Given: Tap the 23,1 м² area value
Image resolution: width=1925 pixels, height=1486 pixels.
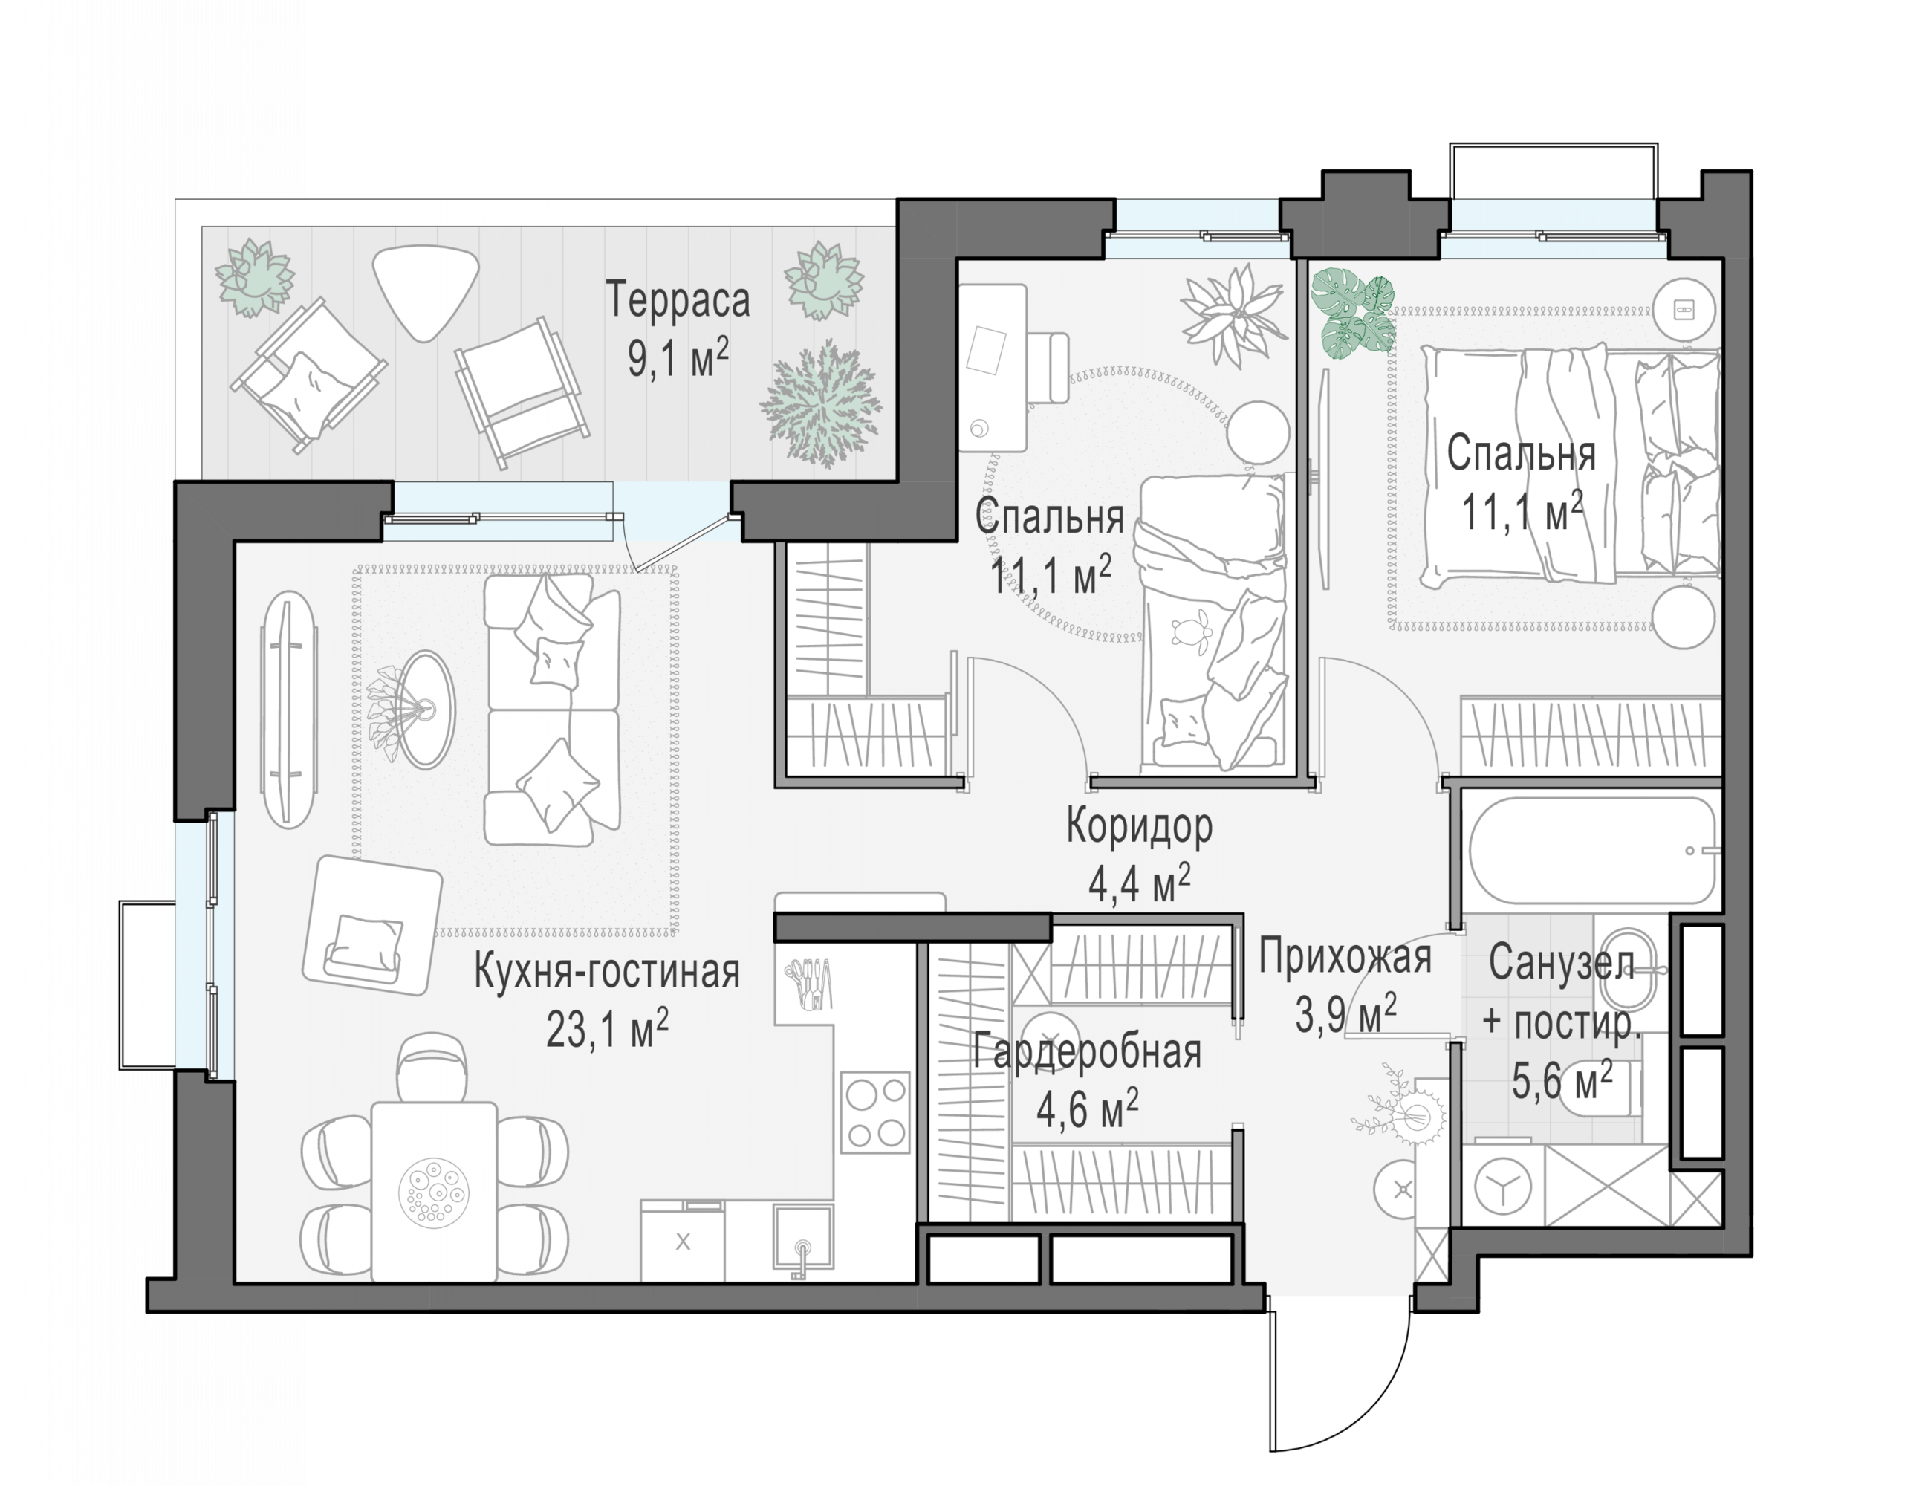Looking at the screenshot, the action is coord(607,1028).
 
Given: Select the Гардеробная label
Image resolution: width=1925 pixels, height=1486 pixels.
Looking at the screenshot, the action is coord(1087,1052).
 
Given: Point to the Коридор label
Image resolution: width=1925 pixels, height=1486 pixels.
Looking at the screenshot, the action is coord(1139,826).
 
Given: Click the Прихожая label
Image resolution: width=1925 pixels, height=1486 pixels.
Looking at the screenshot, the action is coord(1344,957).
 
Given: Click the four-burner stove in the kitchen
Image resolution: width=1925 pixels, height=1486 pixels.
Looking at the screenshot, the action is coord(874,1112).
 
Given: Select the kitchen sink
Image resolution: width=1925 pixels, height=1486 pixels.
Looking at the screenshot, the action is coord(802,1239).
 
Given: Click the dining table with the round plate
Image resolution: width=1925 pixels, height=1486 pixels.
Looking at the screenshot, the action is coord(434,1191).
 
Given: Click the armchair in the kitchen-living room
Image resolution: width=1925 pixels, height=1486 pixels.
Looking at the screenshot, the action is coord(371,924).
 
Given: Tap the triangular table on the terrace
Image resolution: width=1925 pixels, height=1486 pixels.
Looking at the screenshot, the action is coord(426,289).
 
